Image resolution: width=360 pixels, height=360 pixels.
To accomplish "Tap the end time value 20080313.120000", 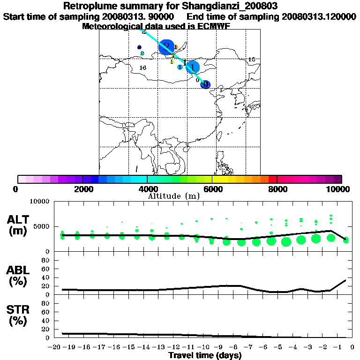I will pos(319,17).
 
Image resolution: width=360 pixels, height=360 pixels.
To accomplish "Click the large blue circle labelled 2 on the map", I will pos(166,47).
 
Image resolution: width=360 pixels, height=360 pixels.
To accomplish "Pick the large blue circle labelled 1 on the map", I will pos(193,67).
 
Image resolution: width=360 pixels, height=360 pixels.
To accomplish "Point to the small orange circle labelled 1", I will pos(175,47).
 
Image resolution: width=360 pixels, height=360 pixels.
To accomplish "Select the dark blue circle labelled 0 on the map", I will pos(205,84).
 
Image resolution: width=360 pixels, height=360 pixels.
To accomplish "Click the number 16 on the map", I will pos(143,68).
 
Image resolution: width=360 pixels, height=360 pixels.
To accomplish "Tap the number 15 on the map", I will pos(251,60).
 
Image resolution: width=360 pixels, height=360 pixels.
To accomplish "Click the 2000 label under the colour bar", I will pos(82,189).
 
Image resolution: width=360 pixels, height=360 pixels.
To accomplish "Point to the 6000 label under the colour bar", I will pos(212,189).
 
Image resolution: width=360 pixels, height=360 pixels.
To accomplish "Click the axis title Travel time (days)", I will pos(205,356).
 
